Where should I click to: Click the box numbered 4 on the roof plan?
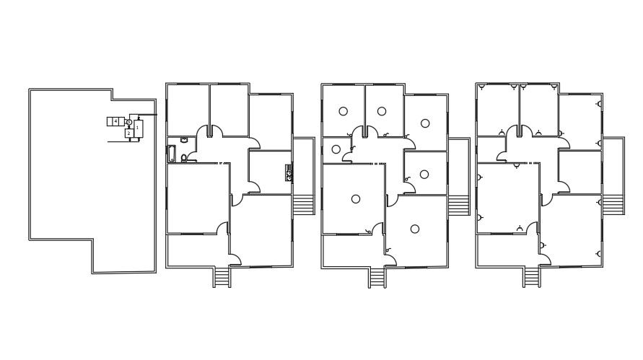click(x=114, y=121)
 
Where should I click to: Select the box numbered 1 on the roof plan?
click(x=138, y=128)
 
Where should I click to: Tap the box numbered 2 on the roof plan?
click(x=128, y=133)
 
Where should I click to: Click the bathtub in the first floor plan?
click(x=171, y=153)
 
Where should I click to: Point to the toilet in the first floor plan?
click(x=184, y=157)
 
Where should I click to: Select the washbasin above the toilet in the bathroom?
click(x=184, y=140)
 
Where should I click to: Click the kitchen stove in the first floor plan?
click(x=289, y=172)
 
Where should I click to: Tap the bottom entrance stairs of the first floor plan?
click(x=222, y=277)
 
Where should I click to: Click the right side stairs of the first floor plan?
click(x=303, y=204)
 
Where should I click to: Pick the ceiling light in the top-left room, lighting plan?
click(x=343, y=111)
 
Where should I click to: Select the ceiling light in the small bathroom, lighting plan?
click(x=336, y=149)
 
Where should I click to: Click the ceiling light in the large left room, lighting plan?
click(x=356, y=199)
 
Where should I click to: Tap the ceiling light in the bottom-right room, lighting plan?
click(x=415, y=229)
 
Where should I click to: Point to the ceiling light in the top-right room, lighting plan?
click(x=425, y=123)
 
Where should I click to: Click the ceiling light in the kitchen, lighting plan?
click(x=424, y=174)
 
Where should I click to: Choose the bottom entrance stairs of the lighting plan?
click(x=377, y=277)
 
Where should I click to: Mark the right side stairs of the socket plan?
click(x=613, y=204)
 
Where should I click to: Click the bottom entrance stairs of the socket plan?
click(x=531, y=277)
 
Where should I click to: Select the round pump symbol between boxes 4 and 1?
click(x=128, y=122)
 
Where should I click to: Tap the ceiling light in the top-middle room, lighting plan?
click(x=382, y=111)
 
